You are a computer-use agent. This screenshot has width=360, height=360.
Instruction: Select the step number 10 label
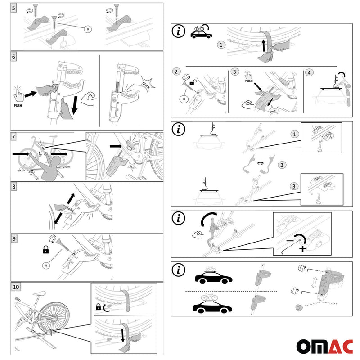(x=16, y=287)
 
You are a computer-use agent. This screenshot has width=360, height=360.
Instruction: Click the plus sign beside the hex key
(x=302, y=249)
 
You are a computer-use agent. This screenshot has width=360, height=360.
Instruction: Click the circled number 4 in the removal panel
(x=309, y=72)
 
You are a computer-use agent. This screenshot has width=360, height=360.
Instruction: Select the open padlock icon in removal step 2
(x=192, y=83)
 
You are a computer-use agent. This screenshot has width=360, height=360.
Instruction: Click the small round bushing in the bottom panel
(x=297, y=308)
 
